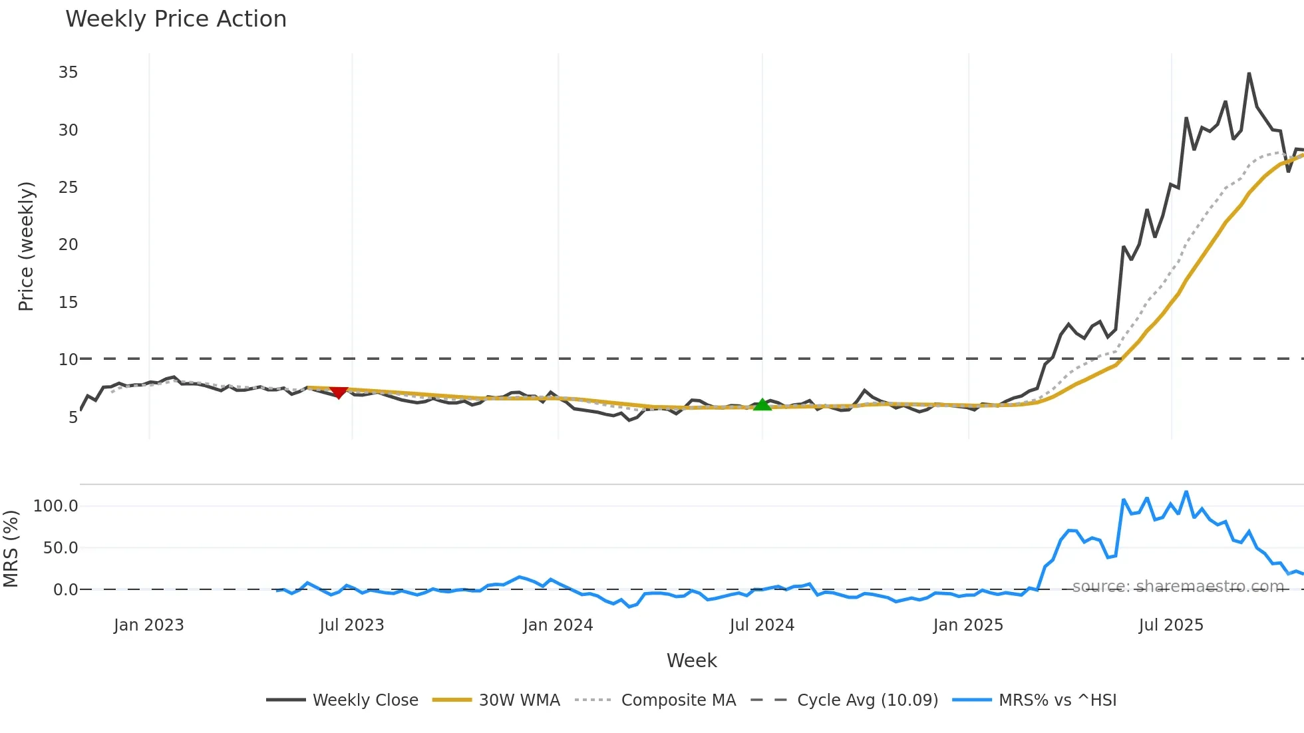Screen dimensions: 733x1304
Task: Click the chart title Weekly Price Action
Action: pyautogui.click(x=176, y=19)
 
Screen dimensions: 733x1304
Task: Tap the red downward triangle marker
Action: pyautogui.click(x=339, y=392)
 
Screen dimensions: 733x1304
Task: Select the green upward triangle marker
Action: pyautogui.click(x=762, y=404)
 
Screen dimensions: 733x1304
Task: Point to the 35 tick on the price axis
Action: pyautogui.click(x=68, y=73)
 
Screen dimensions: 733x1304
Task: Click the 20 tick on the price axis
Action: pyautogui.click(x=68, y=245)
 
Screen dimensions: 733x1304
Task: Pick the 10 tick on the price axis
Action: pyautogui.click(x=68, y=360)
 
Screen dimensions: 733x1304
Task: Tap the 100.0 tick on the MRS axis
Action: pyautogui.click(x=56, y=506)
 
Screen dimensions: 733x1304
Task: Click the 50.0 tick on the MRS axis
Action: pyautogui.click(x=61, y=548)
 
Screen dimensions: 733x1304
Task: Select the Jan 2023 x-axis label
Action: pyautogui.click(x=148, y=625)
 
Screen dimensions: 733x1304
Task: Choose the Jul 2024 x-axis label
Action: pyautogui.click(x=762, y=625)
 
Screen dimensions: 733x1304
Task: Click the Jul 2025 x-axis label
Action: pyautogui.click(x=1171, y=625)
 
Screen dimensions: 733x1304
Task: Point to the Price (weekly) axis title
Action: pyautogui.click(x=26, y=246)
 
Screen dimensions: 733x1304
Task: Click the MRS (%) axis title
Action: pyautogui.click(x=11, y=549)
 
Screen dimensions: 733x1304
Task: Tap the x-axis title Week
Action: pyautogui.click(x=691, y=660)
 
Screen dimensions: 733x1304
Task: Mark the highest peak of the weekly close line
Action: pyautogui.click(x=1249, y=74)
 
